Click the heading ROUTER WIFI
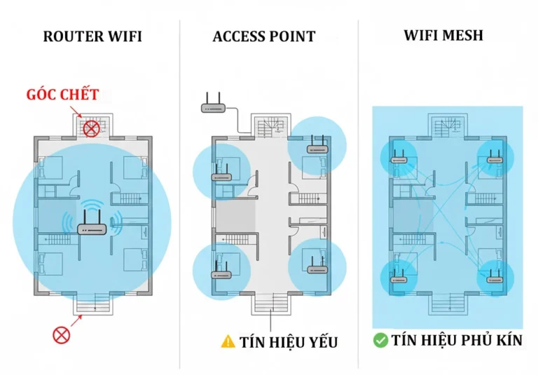pos(92,36)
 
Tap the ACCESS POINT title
pos(264,36)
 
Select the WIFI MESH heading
pos(443,35)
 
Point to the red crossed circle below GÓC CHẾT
pos(91,128)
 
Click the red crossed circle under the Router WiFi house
pos(62,334)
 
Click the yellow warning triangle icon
pos(228,341)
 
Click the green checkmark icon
pos(380,341)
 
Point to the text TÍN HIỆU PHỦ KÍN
pos(457,341)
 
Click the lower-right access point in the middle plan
pos(317,266)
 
